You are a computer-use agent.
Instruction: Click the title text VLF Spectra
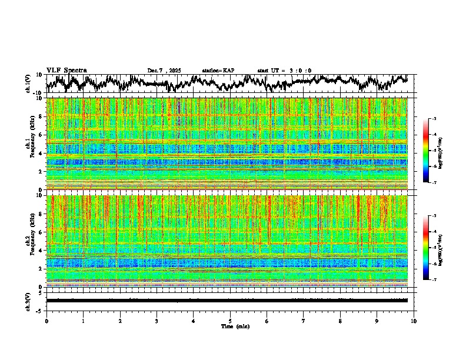[x=66, y=70]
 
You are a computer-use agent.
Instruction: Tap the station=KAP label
[x=218, y=71]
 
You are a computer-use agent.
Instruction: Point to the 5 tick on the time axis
[x=230, y=321]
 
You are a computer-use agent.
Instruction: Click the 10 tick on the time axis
[x=414, y=321]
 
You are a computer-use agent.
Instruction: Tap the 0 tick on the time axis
[x=46, y=321]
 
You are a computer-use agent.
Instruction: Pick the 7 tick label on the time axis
[x=304, y=321]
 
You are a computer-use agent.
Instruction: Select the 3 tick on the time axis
[x=157, y=321]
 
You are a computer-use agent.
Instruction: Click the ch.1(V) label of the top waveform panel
[x=28, y=84]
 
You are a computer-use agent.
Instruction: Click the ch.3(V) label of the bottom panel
[x=28, y=301]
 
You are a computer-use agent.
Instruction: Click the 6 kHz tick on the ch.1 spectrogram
[x=40, y=135]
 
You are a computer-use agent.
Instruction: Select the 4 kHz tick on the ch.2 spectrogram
[x=40, y=250]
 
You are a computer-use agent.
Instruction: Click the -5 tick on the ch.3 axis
[x=39, y=310]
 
